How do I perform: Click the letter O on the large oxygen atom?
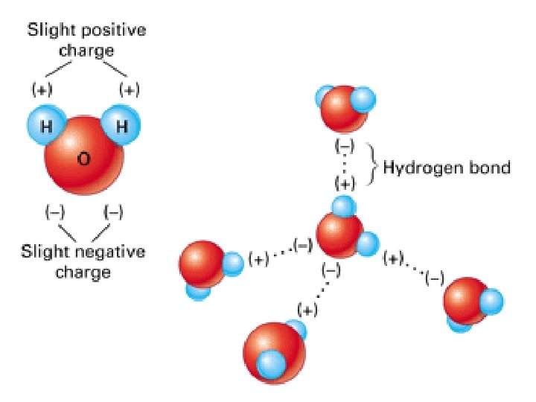click(x=83, y=162)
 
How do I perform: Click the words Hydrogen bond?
click(x=447, y=167)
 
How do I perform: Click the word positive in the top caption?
click(x=114, y=31)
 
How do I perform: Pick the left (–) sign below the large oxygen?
click(x=56, y=213)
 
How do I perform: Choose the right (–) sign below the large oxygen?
click(x=113, y=213)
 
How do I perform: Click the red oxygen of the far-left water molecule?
click(x=202, y=263)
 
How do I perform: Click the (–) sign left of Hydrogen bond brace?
click(x=344, y=146)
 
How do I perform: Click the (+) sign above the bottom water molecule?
click(x=307, y=309)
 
